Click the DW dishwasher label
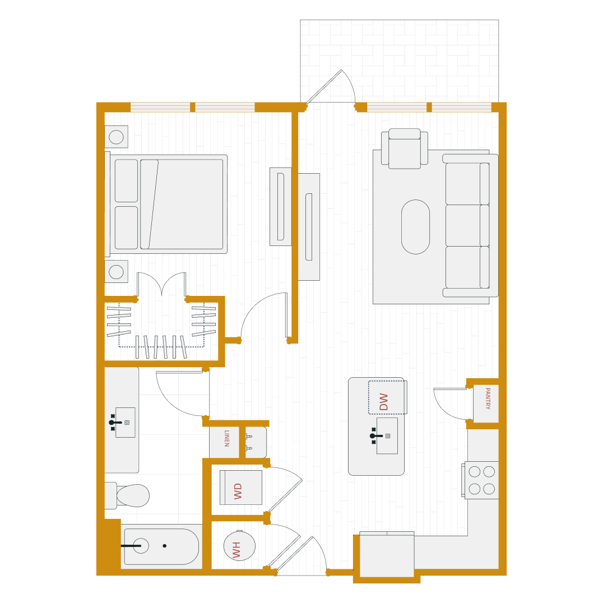pyautogui.click(x=384, y=401)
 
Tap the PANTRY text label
pyautogui.click(x=486, y=398)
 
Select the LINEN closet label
pyautogui.click(x=226, y=438)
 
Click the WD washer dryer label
pyautogui.click(x=238, y=490)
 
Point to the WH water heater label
pyautogui.click(x=236, y=549)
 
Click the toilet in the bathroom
pyautogui.click(x=132, y=496)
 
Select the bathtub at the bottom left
pyautogui.click(x=161, y=546)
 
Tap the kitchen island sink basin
pyautogui.click(x=387, y=435)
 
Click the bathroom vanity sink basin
pyautogui.click(x=126, y=422)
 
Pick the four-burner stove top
pyautogui.click(x=482, y=480)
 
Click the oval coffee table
pyautogui.click(x=415, y=226)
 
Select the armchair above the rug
pyautogui.click(x=405, y=149)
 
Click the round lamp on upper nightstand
pyautogui.click(x=116, y=137)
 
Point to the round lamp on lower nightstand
pyautogui.click(x=116, y=272)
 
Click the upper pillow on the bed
pyautogui.click(x=126, y=180)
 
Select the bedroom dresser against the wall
pyautogui.click(x=281, y=206)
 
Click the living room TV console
pyautogui.click(x=309, y=226)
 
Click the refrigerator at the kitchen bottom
pyautogui.click(x=387, y=555)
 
